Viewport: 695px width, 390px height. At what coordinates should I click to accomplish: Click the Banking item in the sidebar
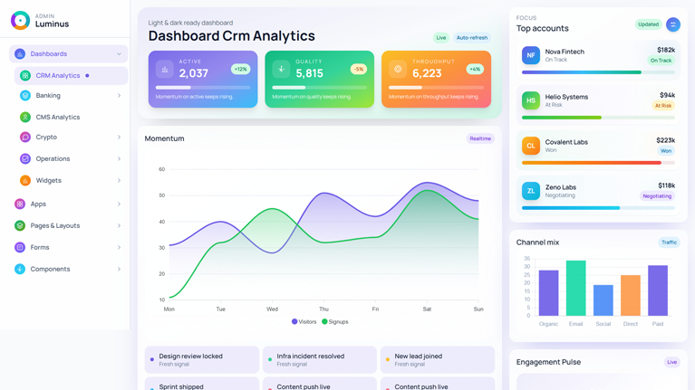point(48,95)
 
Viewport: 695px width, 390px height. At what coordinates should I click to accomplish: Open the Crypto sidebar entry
point(46,138)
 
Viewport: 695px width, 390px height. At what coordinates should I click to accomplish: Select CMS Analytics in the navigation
point(57,117)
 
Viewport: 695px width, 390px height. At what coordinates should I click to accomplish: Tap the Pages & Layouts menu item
point(54,225)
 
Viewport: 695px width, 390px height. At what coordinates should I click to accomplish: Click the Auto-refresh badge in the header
point(471,38)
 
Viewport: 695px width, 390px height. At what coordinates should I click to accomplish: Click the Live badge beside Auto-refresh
point(440,38)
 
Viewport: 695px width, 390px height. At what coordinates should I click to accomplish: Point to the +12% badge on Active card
point(240,69)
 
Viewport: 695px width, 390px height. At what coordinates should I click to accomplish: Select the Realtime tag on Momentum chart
point(479,138)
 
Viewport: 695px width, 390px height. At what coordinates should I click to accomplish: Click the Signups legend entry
point(335,321)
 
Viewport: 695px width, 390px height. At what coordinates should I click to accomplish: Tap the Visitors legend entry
point(304,321)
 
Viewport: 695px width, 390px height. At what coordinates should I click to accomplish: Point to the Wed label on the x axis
point(272,309)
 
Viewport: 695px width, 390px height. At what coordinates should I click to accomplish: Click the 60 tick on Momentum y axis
point(162,169)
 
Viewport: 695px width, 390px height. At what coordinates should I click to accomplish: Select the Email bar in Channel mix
point(575,288)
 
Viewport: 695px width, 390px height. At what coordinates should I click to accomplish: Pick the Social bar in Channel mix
point(603,300)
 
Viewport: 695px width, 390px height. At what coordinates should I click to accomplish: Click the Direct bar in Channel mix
point(631,295)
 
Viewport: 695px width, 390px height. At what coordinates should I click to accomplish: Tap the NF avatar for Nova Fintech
point(531,56)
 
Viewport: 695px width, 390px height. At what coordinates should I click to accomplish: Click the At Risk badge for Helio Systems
point(663,106)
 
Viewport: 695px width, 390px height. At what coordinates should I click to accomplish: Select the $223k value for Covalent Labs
point(665,140)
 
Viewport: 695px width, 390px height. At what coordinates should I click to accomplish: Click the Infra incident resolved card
point(319,359)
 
